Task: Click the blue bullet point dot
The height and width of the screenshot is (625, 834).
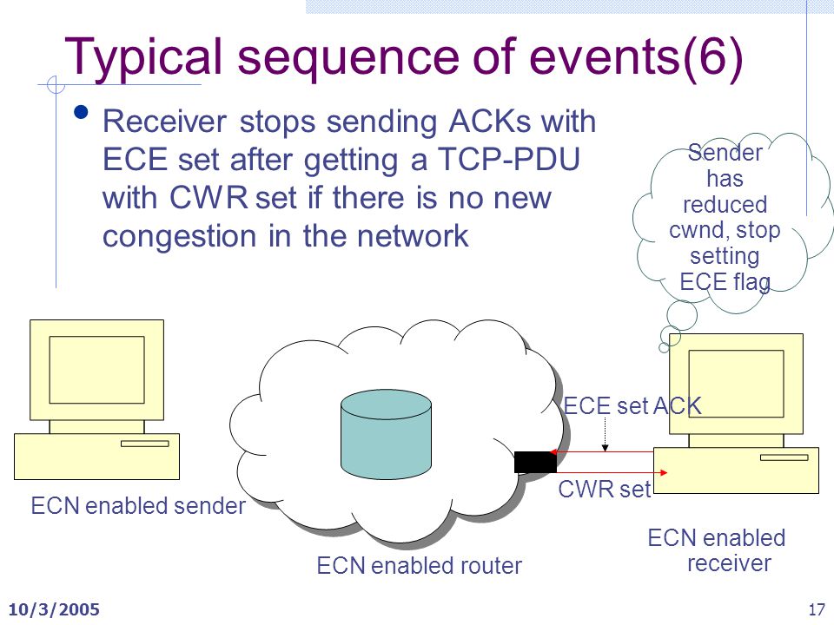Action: (x=81, y=112)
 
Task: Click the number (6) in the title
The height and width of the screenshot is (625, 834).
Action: (x=712, y=57)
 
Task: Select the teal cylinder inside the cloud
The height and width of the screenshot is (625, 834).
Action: (x=386, y=434)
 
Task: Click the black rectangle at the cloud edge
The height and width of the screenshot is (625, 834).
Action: (x=535, y=462)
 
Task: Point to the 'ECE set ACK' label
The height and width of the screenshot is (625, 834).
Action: (x=632, y=406)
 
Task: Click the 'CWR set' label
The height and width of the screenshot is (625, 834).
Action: (x=605, y=489)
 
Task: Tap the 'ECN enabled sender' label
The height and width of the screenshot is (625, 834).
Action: (x=138, y=505)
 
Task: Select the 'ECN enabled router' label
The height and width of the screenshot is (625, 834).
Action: (x=419, y=565)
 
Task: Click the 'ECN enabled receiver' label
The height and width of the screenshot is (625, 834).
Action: (x=717, y=550)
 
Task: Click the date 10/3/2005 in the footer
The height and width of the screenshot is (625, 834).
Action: (x=54, y=609)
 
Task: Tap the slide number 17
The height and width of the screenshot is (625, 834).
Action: (x=817, y=609)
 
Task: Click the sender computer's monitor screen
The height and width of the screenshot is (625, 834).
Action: (x=96, y=370)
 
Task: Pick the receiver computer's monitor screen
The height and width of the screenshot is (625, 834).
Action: (x=736, y=384)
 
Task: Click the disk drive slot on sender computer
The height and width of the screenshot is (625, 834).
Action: (x=145, y=444)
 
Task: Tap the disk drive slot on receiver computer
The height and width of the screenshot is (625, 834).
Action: (x=784, y=457)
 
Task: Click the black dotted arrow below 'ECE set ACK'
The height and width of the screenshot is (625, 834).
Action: (x=605, y=435)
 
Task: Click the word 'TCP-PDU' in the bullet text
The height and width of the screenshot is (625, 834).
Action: (x=508, y=160)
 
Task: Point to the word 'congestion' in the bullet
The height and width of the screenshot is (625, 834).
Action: (x=179, y=236)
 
